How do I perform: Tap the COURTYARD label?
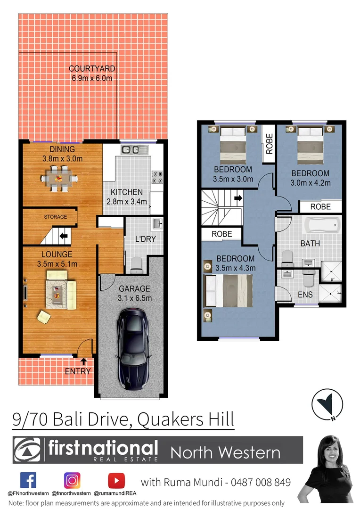click(92, 69)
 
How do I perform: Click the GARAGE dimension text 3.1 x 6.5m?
click(134, 298)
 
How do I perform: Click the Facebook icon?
click(28, 480)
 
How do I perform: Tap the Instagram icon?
click(72, 480)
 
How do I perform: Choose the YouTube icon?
click(116, 480)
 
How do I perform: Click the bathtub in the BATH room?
click(322, 226)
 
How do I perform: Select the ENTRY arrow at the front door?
click(84, 362)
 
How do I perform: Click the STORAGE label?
click(55, 217)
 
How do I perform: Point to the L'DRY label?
click(145, 239)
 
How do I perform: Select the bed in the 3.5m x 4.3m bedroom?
click(229, 291)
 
